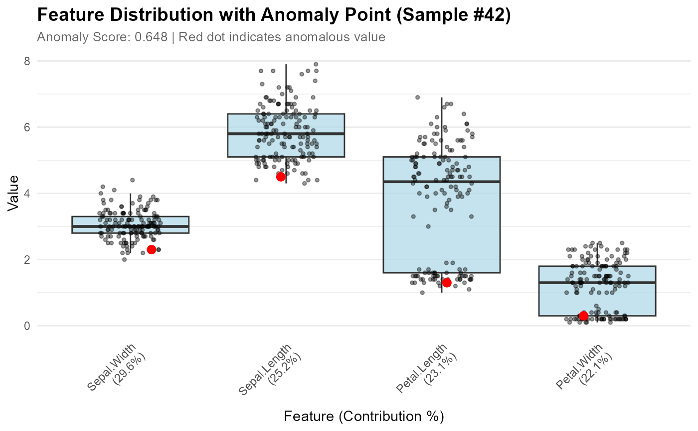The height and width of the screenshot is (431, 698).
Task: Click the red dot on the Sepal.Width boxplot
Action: pyautogui.click(x=152, y=249)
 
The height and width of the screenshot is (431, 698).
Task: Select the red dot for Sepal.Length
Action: pyautogui.click(x=281, y=177)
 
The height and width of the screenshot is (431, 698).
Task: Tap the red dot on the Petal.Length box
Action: pyautogui.click(x=447, y=283)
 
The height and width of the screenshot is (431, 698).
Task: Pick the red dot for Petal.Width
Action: pyautogui.click(x=583, y=316)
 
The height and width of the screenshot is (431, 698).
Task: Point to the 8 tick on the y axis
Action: pyautogui.click(x=27, y=61)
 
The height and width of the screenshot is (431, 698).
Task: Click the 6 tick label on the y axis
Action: pyautogui.click(x=27, y=127)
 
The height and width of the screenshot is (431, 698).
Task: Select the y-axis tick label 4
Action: pyautogui.click(x=27, y=194)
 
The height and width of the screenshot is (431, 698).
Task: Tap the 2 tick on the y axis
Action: pyautogui.click(x=27, y=260)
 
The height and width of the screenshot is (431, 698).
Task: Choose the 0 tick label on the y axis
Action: pyautogui.click(x=27, y=326)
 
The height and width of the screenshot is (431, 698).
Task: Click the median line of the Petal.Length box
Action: pyautogui.click(x=441, y=182)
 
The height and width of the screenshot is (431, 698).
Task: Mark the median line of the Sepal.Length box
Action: pyautogui.click(x=286, y=134)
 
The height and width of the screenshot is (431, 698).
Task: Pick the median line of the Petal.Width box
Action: pyautogui.click(x=597, y=283)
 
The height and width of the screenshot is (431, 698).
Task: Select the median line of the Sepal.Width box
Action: pyautogui.click(x=130, y=226)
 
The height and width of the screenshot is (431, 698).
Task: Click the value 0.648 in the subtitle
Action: pyautogui.click(x=151, y=37)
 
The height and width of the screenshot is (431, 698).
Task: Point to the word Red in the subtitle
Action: pyautogui.click(x=189, y=37)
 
